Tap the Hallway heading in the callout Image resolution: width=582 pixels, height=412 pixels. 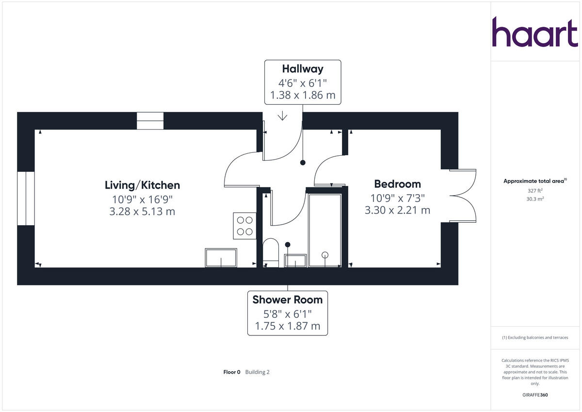(303, 69)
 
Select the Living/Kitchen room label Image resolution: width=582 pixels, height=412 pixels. (142, 185)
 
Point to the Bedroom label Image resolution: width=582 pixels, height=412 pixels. (397, 184)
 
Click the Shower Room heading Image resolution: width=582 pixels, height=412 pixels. (287, 300)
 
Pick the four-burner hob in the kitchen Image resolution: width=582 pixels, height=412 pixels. (244, 226)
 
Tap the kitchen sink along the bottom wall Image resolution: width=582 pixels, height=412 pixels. (221, 258)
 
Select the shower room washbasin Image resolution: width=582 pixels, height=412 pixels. (295, 260)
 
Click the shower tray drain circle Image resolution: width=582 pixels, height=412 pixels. (325, 255)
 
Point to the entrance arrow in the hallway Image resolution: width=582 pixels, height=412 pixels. (282, 116)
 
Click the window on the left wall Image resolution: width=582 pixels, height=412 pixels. (26, 198)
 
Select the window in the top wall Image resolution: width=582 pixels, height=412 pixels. (150, 121)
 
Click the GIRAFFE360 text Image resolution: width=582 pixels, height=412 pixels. (535, 395)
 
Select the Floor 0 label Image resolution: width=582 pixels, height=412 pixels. (231, 372)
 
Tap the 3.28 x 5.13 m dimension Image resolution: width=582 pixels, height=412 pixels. (142, 212)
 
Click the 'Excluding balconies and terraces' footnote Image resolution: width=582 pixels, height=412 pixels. (535, 337)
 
